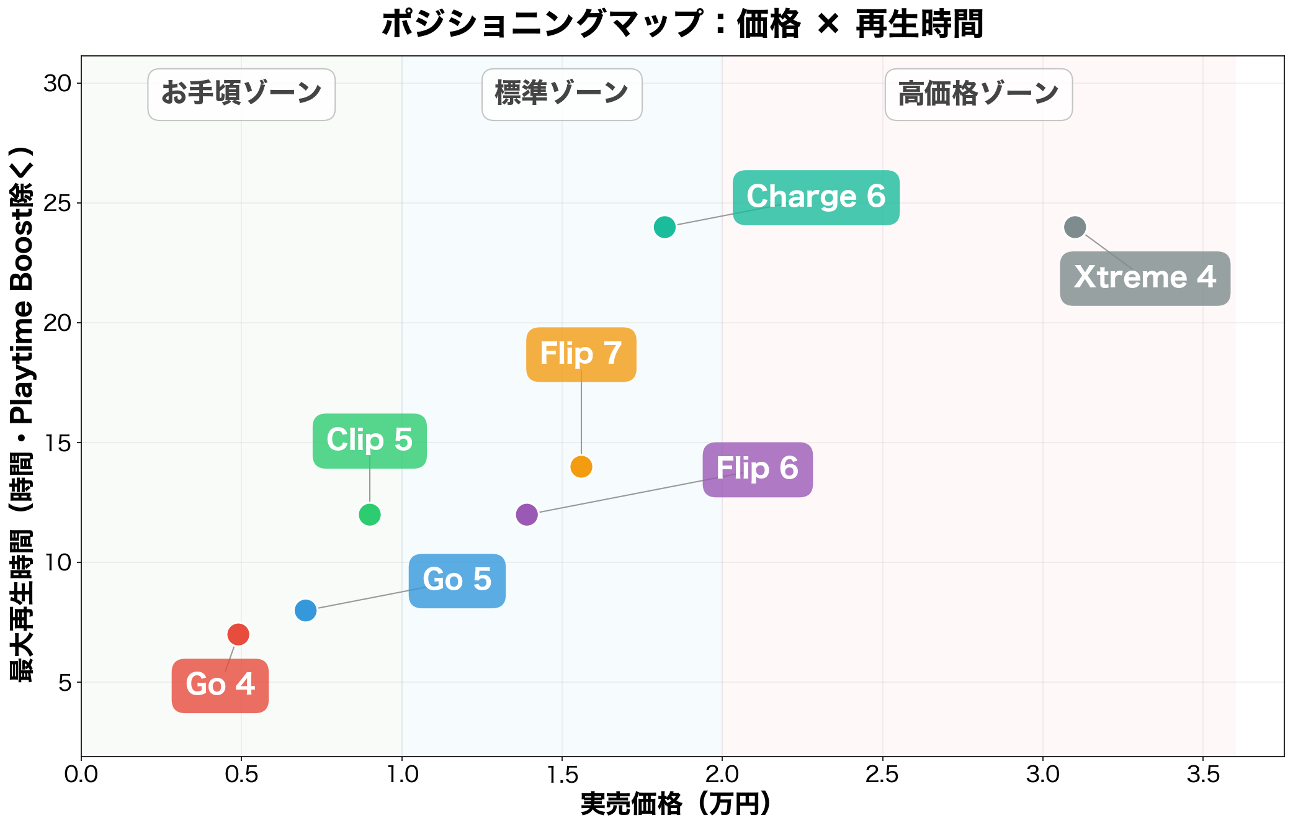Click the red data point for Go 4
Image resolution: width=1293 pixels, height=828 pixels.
[238, 634]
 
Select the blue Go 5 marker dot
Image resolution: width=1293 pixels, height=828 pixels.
[305, 610]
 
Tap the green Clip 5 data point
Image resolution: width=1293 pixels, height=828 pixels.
[370, 515]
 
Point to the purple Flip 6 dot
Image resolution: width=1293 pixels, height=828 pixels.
[527, 515]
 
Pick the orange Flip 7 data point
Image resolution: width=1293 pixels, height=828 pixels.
[581, 466]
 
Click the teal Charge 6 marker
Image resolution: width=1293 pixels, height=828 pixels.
[664, 227]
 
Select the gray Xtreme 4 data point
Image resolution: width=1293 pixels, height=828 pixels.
[1075, 227]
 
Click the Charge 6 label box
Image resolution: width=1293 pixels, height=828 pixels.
[816, 197]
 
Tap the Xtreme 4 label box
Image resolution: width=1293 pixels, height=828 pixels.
[1145, 278]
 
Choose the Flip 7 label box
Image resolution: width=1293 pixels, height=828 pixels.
[581, 354]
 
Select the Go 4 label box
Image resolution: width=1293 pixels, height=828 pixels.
[220, 685]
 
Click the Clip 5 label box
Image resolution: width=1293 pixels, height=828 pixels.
[370, 441]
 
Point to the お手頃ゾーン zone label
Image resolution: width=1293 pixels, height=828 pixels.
[241, 94]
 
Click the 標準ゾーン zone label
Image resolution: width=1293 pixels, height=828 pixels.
[562, 94]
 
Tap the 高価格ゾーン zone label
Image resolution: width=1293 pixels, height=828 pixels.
[978, 94]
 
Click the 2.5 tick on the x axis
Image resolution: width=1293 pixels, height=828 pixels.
[882, 775]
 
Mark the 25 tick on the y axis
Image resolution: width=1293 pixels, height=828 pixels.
[58, 203]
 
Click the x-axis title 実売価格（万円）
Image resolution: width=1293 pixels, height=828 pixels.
[676, 804]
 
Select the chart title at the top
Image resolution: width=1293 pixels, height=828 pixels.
[682, 24]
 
